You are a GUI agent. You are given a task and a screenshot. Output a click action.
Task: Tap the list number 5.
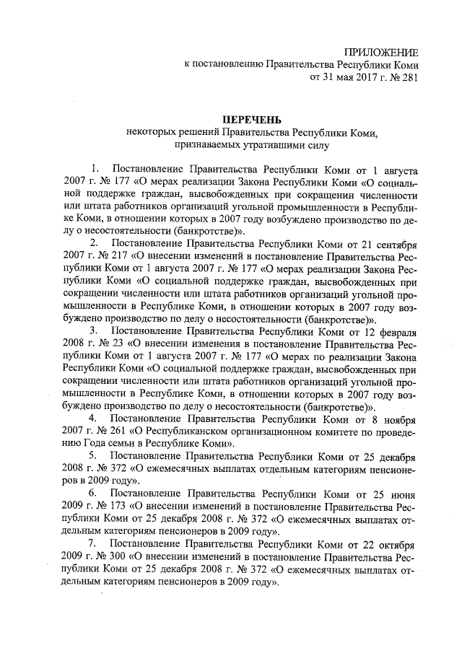[x=92, y=456]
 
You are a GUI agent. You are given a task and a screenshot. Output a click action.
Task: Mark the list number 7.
[x=92, y=543]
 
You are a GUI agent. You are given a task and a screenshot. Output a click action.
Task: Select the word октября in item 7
[x=396, y=543]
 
